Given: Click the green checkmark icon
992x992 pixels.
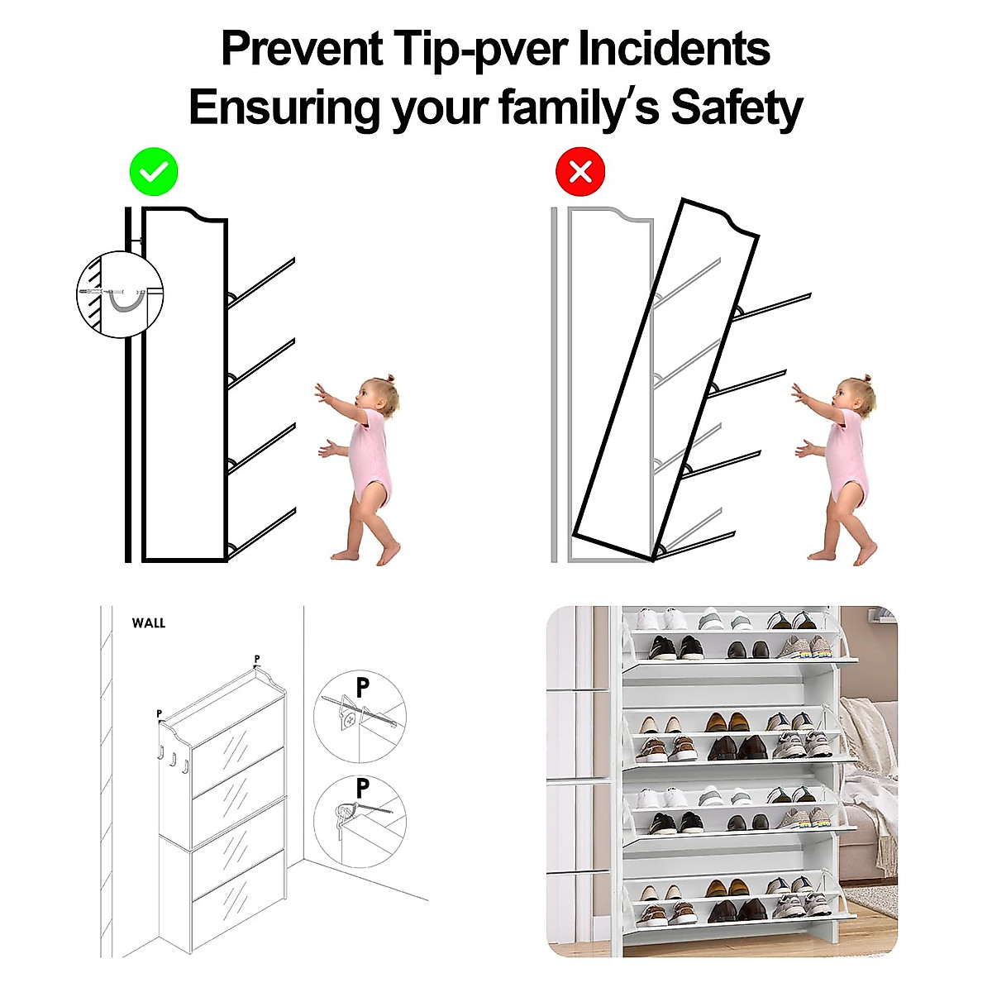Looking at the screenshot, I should click(154, 172).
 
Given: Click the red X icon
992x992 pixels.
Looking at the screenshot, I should click(580, 172).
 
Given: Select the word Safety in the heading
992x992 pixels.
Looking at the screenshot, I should click(736, 108).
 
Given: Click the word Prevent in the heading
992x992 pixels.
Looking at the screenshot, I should click(302, 50).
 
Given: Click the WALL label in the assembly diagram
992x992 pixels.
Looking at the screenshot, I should click(149, 623).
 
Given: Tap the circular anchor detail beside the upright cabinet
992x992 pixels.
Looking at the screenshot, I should click(120, 293).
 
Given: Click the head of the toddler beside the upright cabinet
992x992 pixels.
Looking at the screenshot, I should click(379, 397).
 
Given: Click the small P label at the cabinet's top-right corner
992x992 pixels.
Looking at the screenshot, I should click(257, 660).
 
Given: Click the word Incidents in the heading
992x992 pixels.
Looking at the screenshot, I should click(674, 50).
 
